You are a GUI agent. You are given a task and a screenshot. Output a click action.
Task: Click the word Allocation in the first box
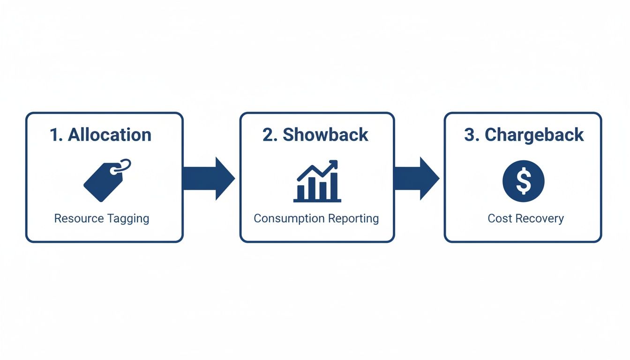[110, 135]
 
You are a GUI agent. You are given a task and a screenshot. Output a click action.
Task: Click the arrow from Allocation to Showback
[208, 179]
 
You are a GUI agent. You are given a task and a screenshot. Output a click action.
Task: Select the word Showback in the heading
[326, 135]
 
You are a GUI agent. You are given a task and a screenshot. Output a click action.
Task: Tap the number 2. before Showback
[270, 135]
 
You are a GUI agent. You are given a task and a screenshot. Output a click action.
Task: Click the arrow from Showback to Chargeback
[415, 179]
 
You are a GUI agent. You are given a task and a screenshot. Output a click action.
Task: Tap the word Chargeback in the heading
[534, 135]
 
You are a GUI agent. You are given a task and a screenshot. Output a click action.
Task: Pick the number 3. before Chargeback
[472, 135]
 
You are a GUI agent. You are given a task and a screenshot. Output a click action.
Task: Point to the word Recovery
[538, 219]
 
